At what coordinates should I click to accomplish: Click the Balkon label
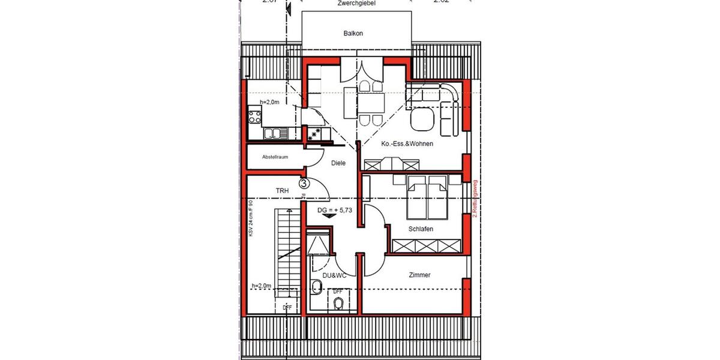click(353, 34)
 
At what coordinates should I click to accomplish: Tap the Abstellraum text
click(275, 157)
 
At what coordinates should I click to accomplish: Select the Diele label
click(338, 163)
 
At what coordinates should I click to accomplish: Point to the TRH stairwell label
click(283, 191)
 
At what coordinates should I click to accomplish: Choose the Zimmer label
click(419, 275)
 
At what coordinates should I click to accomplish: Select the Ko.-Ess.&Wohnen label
click(407, 144)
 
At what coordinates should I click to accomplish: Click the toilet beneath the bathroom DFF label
click(338, 302)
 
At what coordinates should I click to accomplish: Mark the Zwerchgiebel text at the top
click(356, 3)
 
